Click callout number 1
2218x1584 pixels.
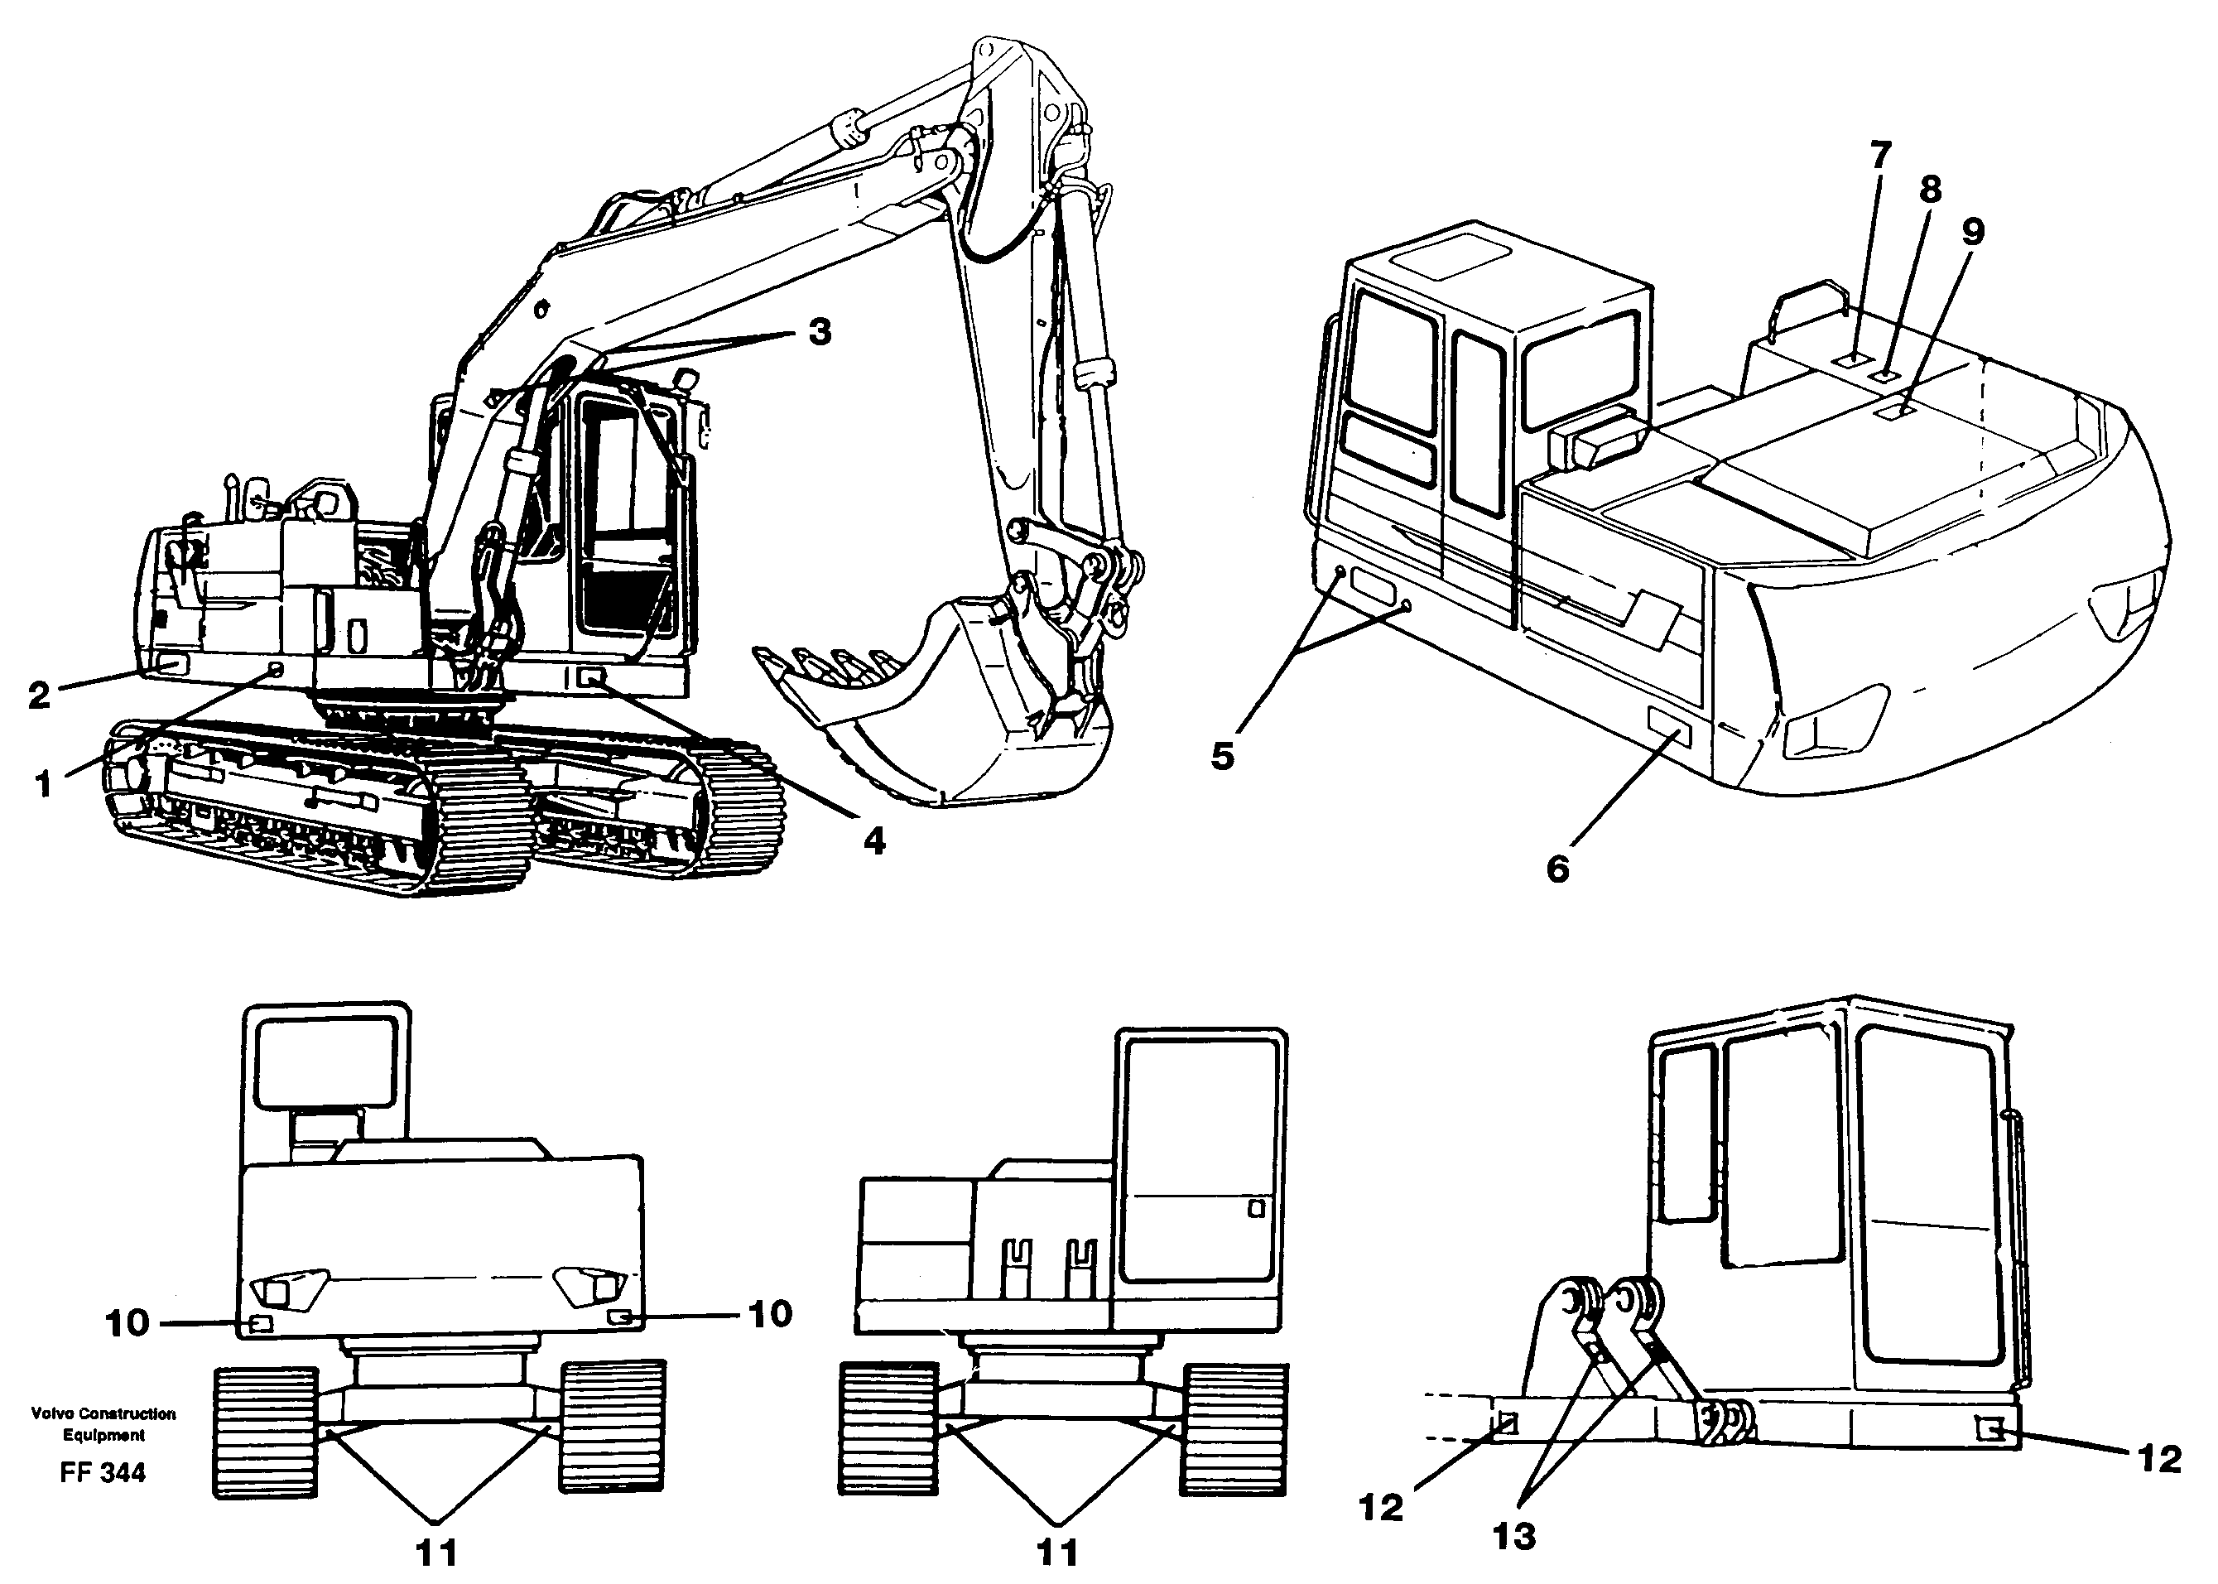click(43, 784)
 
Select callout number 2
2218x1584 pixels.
click(38, 696)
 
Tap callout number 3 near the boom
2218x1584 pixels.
click(820, 333)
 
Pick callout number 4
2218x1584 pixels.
click(874, 840)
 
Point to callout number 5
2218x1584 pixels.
click(1223, 756)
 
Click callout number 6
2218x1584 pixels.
click(1557, 867)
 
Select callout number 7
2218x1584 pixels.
click(1880, 154)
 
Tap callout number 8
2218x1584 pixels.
click(1929, 190)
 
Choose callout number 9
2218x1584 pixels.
click(1972, 232)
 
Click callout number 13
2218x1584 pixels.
click(1513, 1536)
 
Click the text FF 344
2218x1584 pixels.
click(103, 1472)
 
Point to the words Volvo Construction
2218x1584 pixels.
click(103, 1413)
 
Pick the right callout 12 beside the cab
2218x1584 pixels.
click(2159, 1459)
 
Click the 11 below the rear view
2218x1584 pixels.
click(437, 1553)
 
